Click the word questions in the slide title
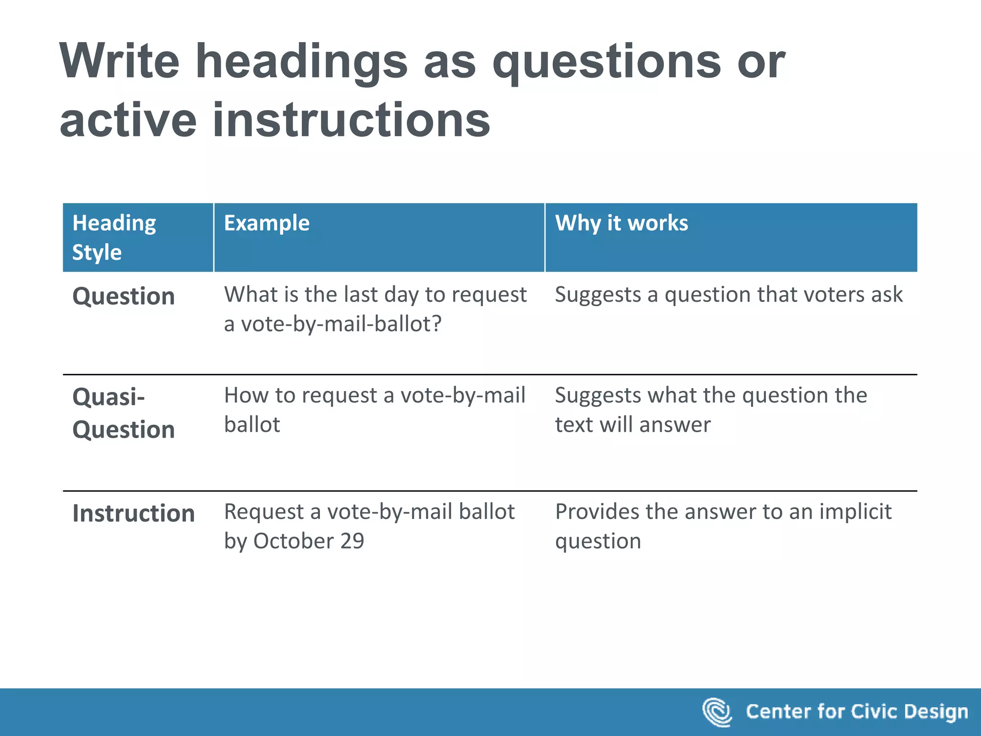(606, 62)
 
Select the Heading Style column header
(114, 237)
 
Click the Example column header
(267, 223)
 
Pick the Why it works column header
(621, 223)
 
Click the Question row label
(124, 296)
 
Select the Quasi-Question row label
(124, 413)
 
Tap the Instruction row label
(134, 513)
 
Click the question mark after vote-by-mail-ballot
(436, 324)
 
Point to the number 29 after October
(352, 541)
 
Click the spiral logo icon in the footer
(717, 712)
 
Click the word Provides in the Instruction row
(596, 512)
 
